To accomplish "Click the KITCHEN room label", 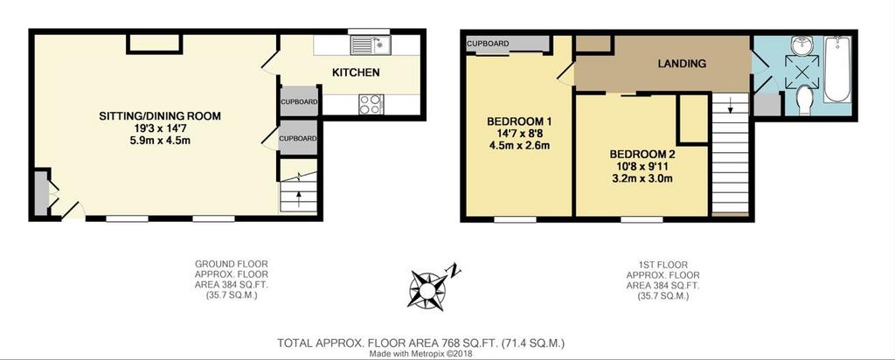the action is coord(357,73).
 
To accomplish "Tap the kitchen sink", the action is coord(371,45).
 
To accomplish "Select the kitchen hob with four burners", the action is coord(371,104).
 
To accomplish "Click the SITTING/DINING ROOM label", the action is coord(160,116).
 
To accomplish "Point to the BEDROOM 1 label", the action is coord(519,121).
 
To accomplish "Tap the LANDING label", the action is coord(682,64).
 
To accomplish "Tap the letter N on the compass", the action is coord(454,269).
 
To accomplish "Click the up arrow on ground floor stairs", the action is coord(298,198).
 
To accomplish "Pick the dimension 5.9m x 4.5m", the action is coord(160,140).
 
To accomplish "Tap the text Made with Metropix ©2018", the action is coord(420,354).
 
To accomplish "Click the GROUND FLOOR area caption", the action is coord(231,280).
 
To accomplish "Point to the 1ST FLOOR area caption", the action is coord(663,280).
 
